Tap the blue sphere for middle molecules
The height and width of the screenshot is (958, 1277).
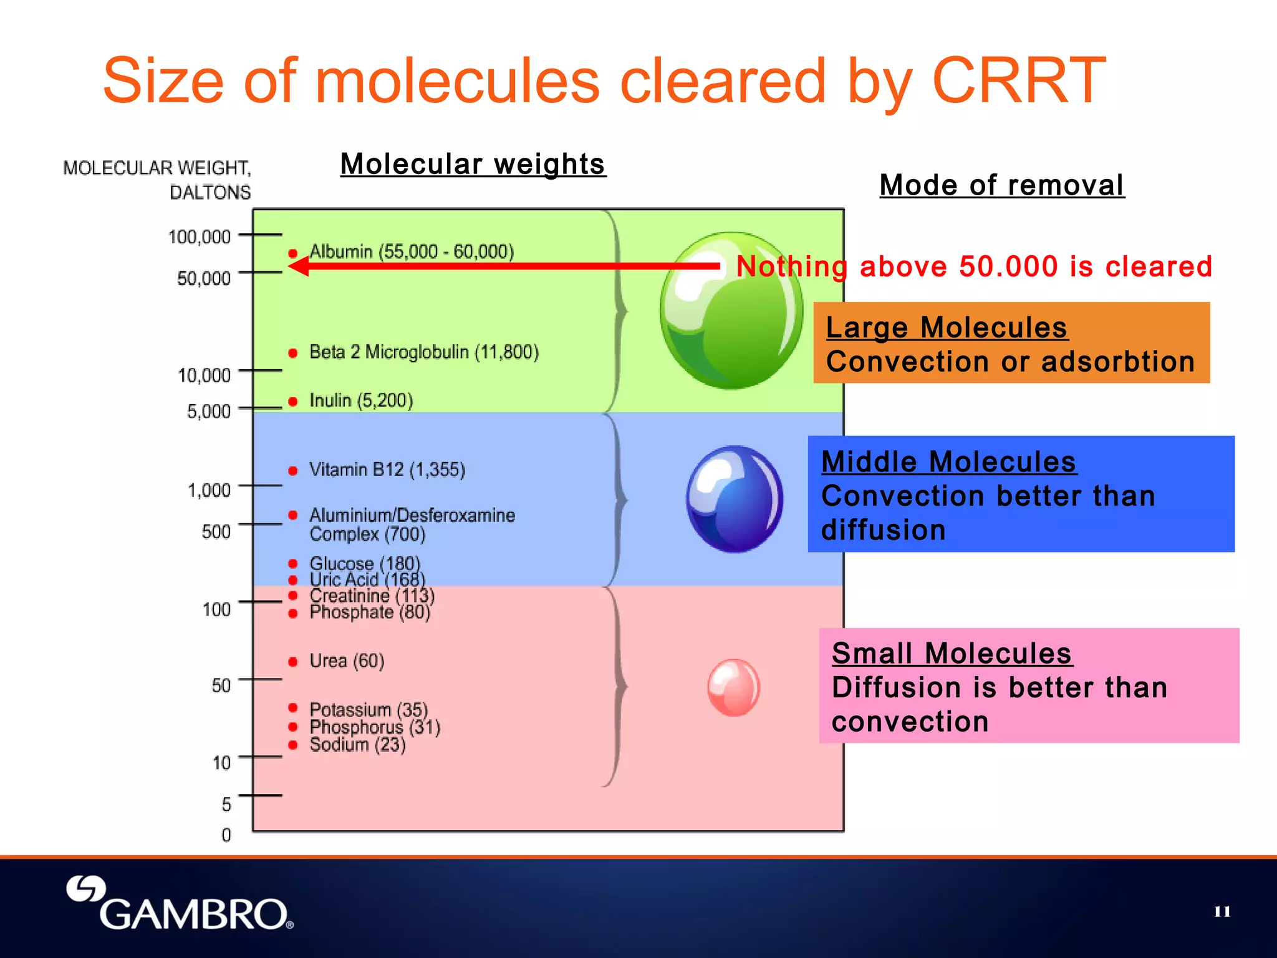tap(735, 499)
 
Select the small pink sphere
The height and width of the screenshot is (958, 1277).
tap(734, 687)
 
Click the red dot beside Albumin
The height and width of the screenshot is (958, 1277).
tap(292, 253)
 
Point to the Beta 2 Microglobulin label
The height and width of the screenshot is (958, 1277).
tap(423, 352)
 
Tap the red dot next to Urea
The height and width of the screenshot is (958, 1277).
tap(292, 662)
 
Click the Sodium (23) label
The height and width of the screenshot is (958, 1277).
tap(357, 745)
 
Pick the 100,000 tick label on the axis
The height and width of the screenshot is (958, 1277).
tap(199, 237)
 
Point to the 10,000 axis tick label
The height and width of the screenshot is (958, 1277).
tap(204, 375)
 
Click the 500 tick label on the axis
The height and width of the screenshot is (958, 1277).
tap(216, 531)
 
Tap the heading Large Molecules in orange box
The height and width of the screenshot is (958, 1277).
tap(946, 328)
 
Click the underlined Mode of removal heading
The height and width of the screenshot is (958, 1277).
tap(1001, 185)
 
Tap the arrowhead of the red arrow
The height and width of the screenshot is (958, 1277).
tap(298, 266)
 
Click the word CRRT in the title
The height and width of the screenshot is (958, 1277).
tap(1018, 81)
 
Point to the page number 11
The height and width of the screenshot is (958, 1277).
tap(1222, 912)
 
